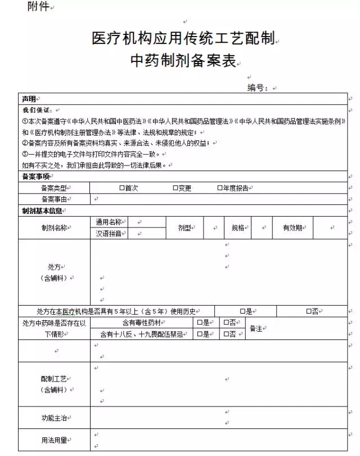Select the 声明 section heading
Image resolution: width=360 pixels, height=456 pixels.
(x=29, y=99)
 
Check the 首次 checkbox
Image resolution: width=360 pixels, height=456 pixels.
(x=122, y=188)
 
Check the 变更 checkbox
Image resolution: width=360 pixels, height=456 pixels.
(x=175, y=188)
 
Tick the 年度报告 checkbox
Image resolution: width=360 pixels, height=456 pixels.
(x=220, y=188)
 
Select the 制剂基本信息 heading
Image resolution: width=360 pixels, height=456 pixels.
(x=42, y=211)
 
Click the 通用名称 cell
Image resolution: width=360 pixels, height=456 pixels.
(x=109, y=222)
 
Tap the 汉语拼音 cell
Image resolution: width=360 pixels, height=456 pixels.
(x=109, y=234)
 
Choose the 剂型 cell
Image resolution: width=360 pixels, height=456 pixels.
(x=184, y=228)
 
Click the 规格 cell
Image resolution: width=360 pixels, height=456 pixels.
(x=238, y=228)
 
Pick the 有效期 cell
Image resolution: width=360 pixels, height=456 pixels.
(x=292, y=228)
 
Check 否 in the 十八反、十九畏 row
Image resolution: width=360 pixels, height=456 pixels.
(x=226, y=334)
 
